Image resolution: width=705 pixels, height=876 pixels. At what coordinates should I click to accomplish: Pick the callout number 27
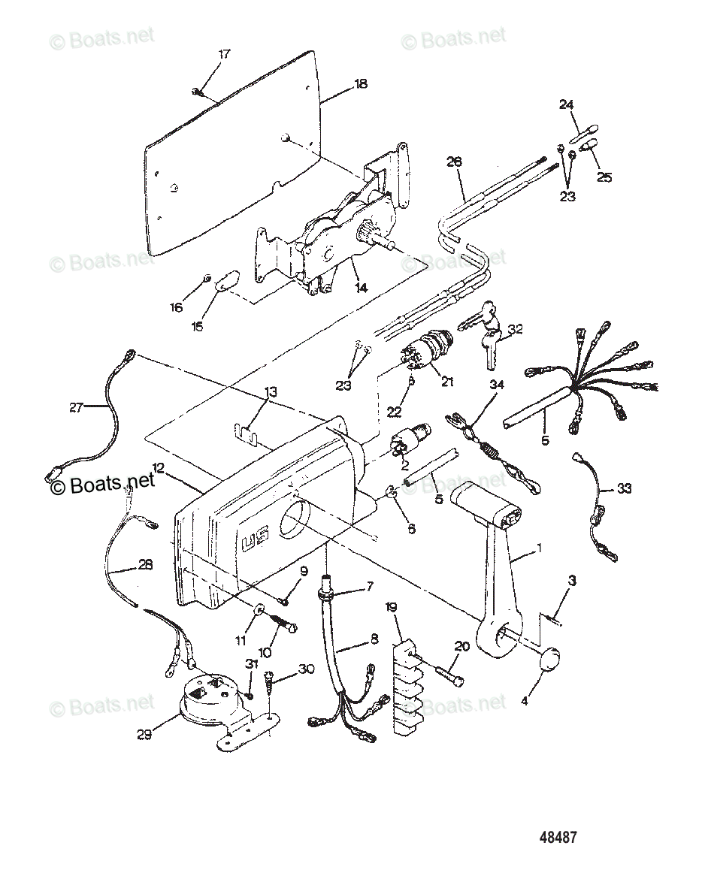coord(76,407)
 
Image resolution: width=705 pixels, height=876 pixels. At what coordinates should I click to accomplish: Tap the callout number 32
coord(515,328)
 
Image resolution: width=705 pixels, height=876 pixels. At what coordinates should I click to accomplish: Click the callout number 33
coord(624,488)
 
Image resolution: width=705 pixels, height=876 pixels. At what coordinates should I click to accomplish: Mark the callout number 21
coord(447,382)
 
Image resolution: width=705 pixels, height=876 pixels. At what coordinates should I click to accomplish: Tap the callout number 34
coord(497,385)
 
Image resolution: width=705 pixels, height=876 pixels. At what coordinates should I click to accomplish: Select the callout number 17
coord(224,54)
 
